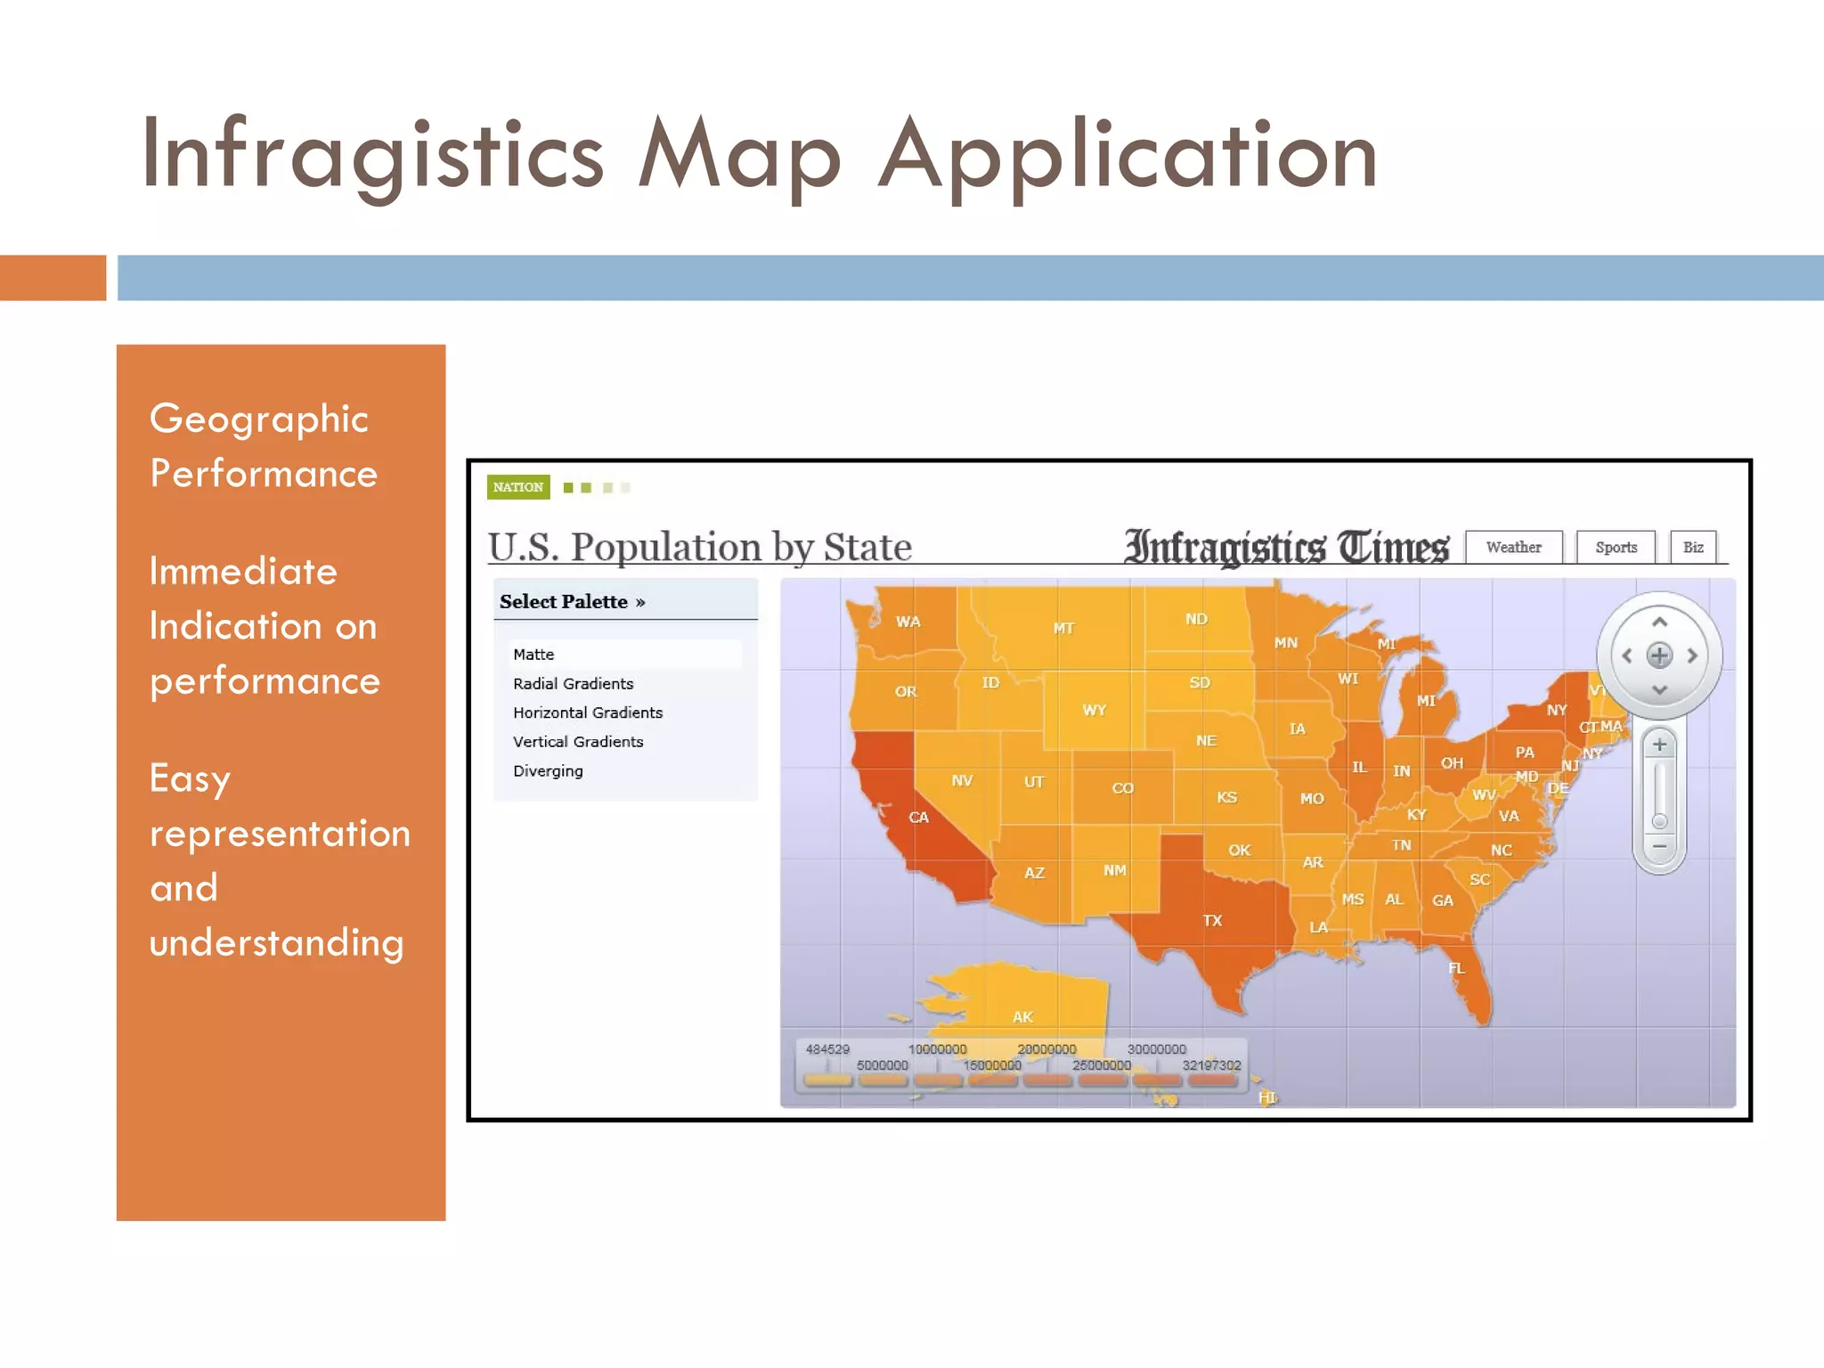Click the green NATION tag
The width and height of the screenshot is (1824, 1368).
coord(518,487)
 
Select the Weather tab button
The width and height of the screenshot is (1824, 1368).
coord(1513,547)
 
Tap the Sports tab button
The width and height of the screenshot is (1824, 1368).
coord(1616,547)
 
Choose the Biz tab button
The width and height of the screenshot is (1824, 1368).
coord(1693,547)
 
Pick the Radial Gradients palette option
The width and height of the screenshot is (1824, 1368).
coord(573,683)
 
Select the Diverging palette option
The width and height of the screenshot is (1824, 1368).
coord(548,770)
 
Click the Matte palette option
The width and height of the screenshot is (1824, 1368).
coord(533,654)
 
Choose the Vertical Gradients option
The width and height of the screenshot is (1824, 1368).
coord(577,741)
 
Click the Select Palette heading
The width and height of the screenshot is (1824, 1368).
coord(572,601)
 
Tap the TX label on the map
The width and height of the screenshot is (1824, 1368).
coord(1212,920)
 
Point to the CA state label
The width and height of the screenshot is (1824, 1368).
coord(918,817)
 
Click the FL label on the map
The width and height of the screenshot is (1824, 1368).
coord(1456,968)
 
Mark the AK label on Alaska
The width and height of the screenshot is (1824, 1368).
coord(1022,1016)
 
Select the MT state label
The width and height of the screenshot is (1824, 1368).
coord(1063,628)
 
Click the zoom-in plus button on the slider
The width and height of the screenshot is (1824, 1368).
coord(1659,745)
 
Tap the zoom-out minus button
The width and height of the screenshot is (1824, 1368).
coord(1659,846)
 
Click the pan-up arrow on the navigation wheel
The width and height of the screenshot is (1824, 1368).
coord(1659,622)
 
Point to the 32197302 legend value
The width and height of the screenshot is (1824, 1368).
coord(1211,1065)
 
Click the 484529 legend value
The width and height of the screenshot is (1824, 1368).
coord(827,1049)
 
